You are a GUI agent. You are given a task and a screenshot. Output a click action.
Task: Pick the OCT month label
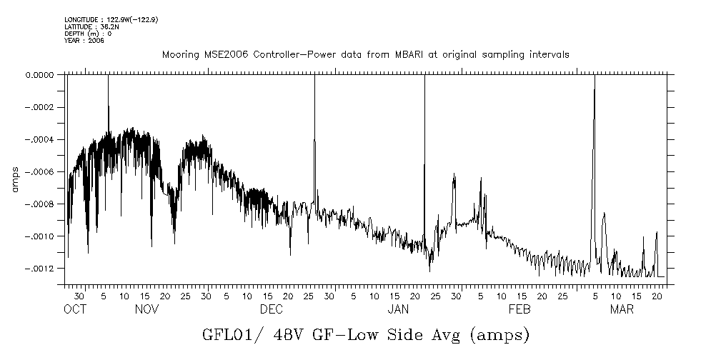pyautogui.click(x=75, y=309)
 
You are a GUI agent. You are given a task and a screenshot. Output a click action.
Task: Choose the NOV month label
pyautogui.click(x=146, y=309)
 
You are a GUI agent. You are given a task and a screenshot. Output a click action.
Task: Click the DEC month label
pyautogui.click(x=272, y=309)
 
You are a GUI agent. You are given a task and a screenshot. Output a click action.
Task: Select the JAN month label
pyautogui.click(x=397, y=309)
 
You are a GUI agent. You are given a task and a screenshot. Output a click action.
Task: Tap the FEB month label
pyautogui.click(x=519, y=309)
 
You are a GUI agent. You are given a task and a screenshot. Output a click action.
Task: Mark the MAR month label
pyautogui.click(x=621, y=309)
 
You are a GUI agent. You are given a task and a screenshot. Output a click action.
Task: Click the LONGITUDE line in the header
pyautogui.click(x=111, y=19)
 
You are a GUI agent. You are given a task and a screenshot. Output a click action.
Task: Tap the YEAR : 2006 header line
pyautogui.click(x=84, y=41)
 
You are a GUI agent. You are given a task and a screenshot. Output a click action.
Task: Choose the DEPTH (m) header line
pyautogui.click(x=88, y=34)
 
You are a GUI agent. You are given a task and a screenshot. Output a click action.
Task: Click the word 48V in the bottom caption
pyautogui.click(x=297, y=334)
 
